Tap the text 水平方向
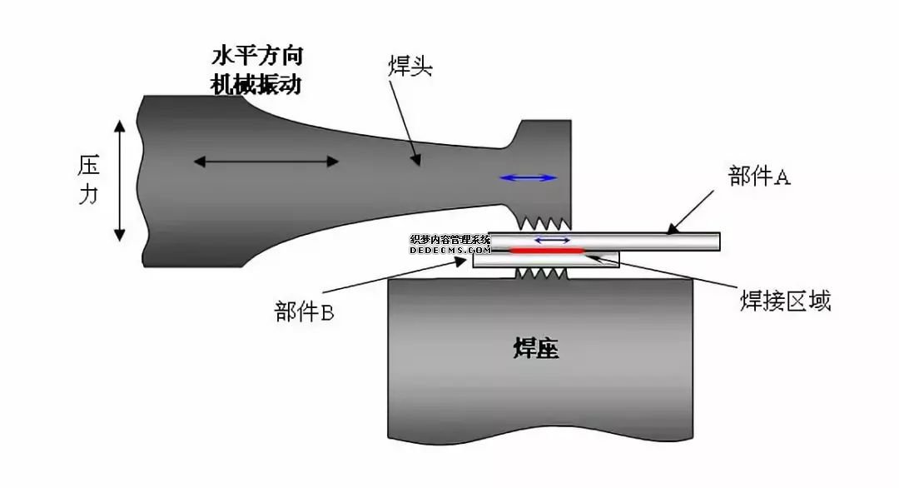pos(256,57)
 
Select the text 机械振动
pos(256,84)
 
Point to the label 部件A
pos(758,177)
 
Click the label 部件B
pos(304,313)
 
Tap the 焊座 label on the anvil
pos(535,349)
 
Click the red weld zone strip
pos(548,250)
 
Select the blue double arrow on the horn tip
pos(528,177)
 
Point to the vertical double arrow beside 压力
pos(120,180)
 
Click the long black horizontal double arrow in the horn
pos(266,161)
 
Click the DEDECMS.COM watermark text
pos(449,249)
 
